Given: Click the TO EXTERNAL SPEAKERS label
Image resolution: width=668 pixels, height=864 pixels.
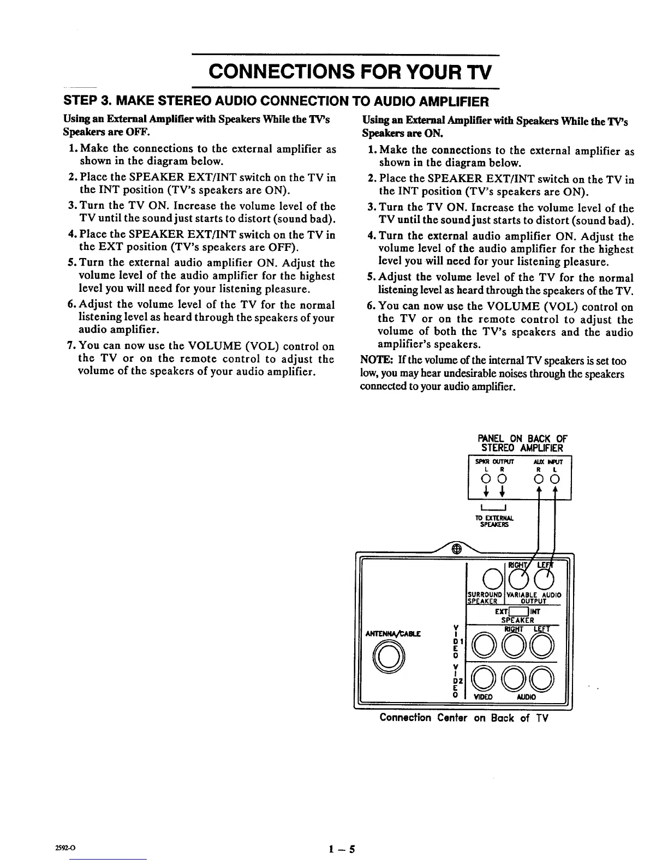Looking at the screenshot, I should [495, 521].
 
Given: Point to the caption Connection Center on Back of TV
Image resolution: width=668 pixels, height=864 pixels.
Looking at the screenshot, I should [463, 718].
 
